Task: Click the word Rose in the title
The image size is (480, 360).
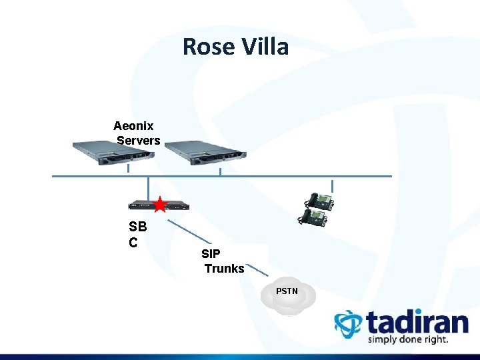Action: (204, 47)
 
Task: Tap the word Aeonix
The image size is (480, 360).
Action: (133, 126)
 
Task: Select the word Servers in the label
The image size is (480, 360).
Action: (139, 141)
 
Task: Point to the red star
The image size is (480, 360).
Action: (160, 205)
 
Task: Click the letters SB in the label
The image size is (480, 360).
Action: (137, 227)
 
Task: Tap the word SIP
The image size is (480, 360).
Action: (211, 254)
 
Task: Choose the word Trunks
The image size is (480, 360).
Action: (224, 269)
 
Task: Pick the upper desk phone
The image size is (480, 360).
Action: (318, 201)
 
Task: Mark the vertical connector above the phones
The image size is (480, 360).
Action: (332, 185)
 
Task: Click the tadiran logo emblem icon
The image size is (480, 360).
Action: (347, 323)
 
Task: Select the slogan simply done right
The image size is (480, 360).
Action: (408, 340)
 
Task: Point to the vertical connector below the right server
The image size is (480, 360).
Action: (221, 172)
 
